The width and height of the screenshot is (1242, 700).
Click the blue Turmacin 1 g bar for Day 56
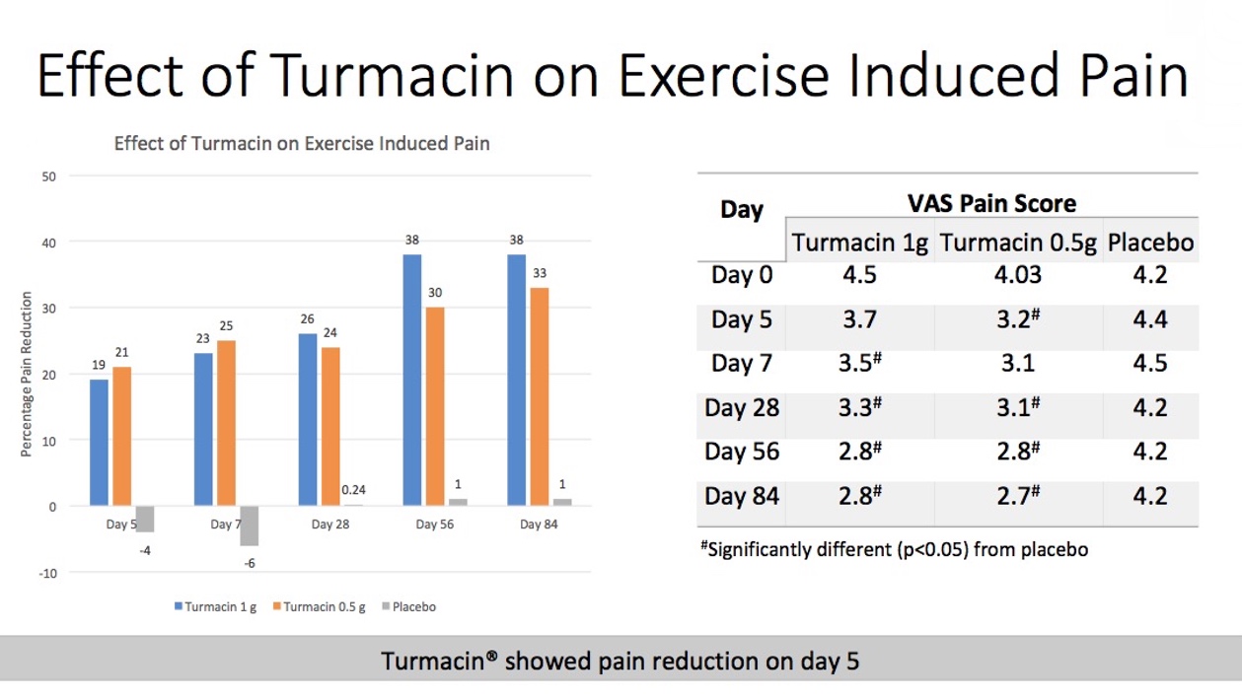411,380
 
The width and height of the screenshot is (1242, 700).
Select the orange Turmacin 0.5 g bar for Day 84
540,396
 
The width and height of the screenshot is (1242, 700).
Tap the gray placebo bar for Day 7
249,525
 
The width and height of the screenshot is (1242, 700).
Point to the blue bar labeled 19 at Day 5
99,442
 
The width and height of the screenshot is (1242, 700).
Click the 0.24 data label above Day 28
353,489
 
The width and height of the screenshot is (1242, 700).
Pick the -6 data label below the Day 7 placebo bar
249,563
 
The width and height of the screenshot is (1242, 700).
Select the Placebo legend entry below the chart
407,607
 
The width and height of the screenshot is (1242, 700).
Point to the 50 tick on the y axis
49,176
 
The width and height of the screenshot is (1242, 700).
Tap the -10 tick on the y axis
47,573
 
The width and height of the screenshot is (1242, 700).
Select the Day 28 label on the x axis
329,525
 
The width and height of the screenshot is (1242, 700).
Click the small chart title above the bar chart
302,143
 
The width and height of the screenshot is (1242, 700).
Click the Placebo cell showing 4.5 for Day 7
1149,363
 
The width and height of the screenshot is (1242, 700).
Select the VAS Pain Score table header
991,203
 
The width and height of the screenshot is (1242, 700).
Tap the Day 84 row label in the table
742,495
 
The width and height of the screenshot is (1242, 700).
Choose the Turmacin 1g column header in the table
859,243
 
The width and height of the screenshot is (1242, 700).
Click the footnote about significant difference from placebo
896,550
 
